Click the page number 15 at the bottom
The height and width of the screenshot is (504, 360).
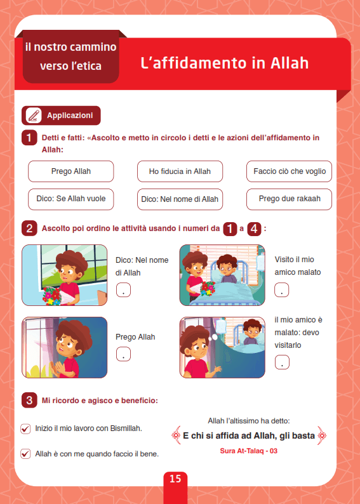coord(175,479)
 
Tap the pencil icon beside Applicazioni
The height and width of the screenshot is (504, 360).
coord(34,116)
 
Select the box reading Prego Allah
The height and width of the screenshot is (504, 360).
coord(70,171)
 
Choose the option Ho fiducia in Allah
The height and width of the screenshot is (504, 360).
coord(180,171)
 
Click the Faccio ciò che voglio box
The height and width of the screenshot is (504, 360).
coord(290,171)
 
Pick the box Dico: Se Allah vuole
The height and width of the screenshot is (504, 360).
coord(70,199)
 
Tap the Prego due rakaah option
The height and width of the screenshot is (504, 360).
coord(290,199)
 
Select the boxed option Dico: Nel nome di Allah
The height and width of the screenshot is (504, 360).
coord(180,199)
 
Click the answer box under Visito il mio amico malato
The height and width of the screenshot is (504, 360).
coord(281,290)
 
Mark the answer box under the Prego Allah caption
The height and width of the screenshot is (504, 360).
coord(123,354)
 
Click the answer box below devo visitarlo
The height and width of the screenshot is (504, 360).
coord(282,362)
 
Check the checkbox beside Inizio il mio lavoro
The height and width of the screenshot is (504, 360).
coord(25,429)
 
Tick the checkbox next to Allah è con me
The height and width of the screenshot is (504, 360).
coord(25,454)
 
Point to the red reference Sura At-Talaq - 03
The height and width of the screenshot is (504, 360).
coord(249,451)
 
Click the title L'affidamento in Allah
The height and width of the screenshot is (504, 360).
coord(225,63)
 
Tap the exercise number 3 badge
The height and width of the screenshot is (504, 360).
coord(29,401)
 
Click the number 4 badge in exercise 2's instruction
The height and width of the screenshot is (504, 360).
coord(254,229)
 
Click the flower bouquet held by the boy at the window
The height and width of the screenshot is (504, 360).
coord(53,296)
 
